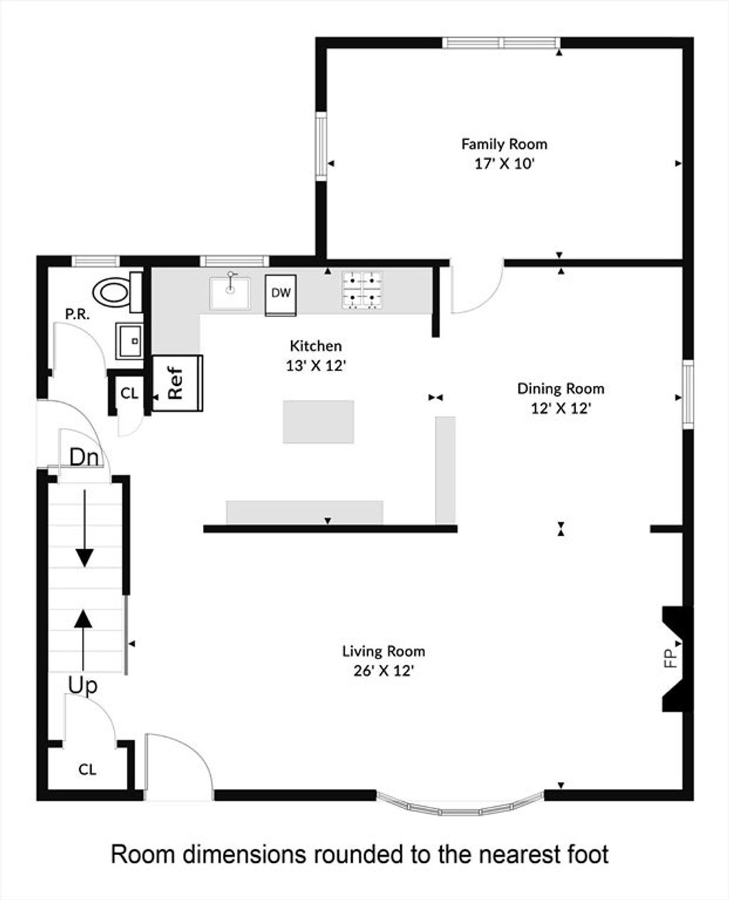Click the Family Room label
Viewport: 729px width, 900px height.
tap(504, 145)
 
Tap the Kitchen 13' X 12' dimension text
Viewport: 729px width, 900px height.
tap(316, 366)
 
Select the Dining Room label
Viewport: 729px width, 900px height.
tap(561, 389)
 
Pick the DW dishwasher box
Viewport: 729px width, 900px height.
tap(280, 295)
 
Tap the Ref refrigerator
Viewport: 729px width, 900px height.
tap(177, 383)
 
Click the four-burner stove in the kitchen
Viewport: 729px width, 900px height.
tap(362, 290)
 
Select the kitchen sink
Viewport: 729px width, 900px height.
tap(230, 293)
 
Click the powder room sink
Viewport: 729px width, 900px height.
tap(130, 341)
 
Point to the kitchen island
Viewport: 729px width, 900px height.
tap(318, 422)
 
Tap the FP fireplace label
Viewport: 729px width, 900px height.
tap(671, 670)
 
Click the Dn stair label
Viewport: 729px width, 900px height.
tap(84, 457)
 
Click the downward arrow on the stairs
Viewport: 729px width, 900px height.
tap(85, 528)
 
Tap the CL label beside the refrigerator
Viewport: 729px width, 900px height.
tap(130, 393)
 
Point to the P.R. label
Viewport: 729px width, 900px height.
tap(78, 314)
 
